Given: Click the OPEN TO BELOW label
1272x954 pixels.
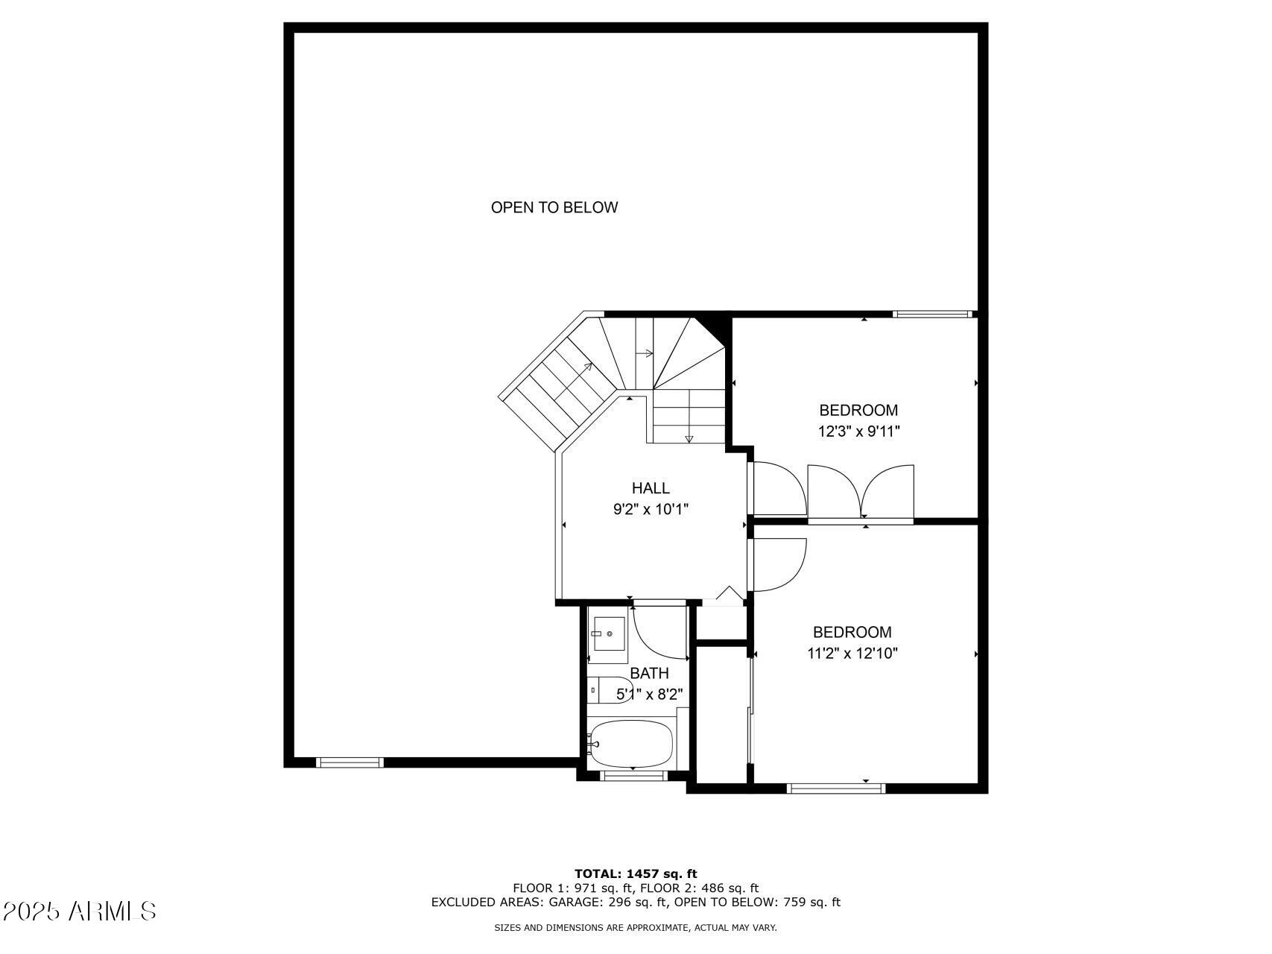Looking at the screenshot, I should coord(554,208).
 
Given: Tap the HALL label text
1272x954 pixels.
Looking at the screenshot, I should coord(651,488).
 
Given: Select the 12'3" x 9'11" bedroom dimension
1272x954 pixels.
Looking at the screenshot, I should coord(858,432).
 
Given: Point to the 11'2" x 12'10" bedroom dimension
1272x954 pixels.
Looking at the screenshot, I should coord(852,654).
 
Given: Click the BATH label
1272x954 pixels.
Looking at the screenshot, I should coord(649,674).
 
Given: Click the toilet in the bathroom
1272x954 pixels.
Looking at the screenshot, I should coord(608,689).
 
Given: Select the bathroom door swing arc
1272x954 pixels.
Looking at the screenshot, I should coord(659,634).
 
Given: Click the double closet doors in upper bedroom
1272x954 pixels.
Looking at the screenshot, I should coord(861,491).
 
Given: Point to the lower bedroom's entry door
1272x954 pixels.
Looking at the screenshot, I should coord(779,564).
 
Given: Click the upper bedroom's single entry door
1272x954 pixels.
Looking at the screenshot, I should coord(779,488).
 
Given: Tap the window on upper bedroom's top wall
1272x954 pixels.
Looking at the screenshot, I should coord(932,315).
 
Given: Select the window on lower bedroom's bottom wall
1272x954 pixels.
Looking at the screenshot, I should coord(836,788).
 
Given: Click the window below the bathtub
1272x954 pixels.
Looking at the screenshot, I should coord(633,776).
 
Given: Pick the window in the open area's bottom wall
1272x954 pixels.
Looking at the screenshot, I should coord(349,762).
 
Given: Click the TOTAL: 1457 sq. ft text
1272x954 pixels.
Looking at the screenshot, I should coord(636,874).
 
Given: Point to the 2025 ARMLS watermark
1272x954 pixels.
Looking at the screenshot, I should coord(79,911).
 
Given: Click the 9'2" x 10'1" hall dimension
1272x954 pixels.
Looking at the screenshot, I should coord(651,510).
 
